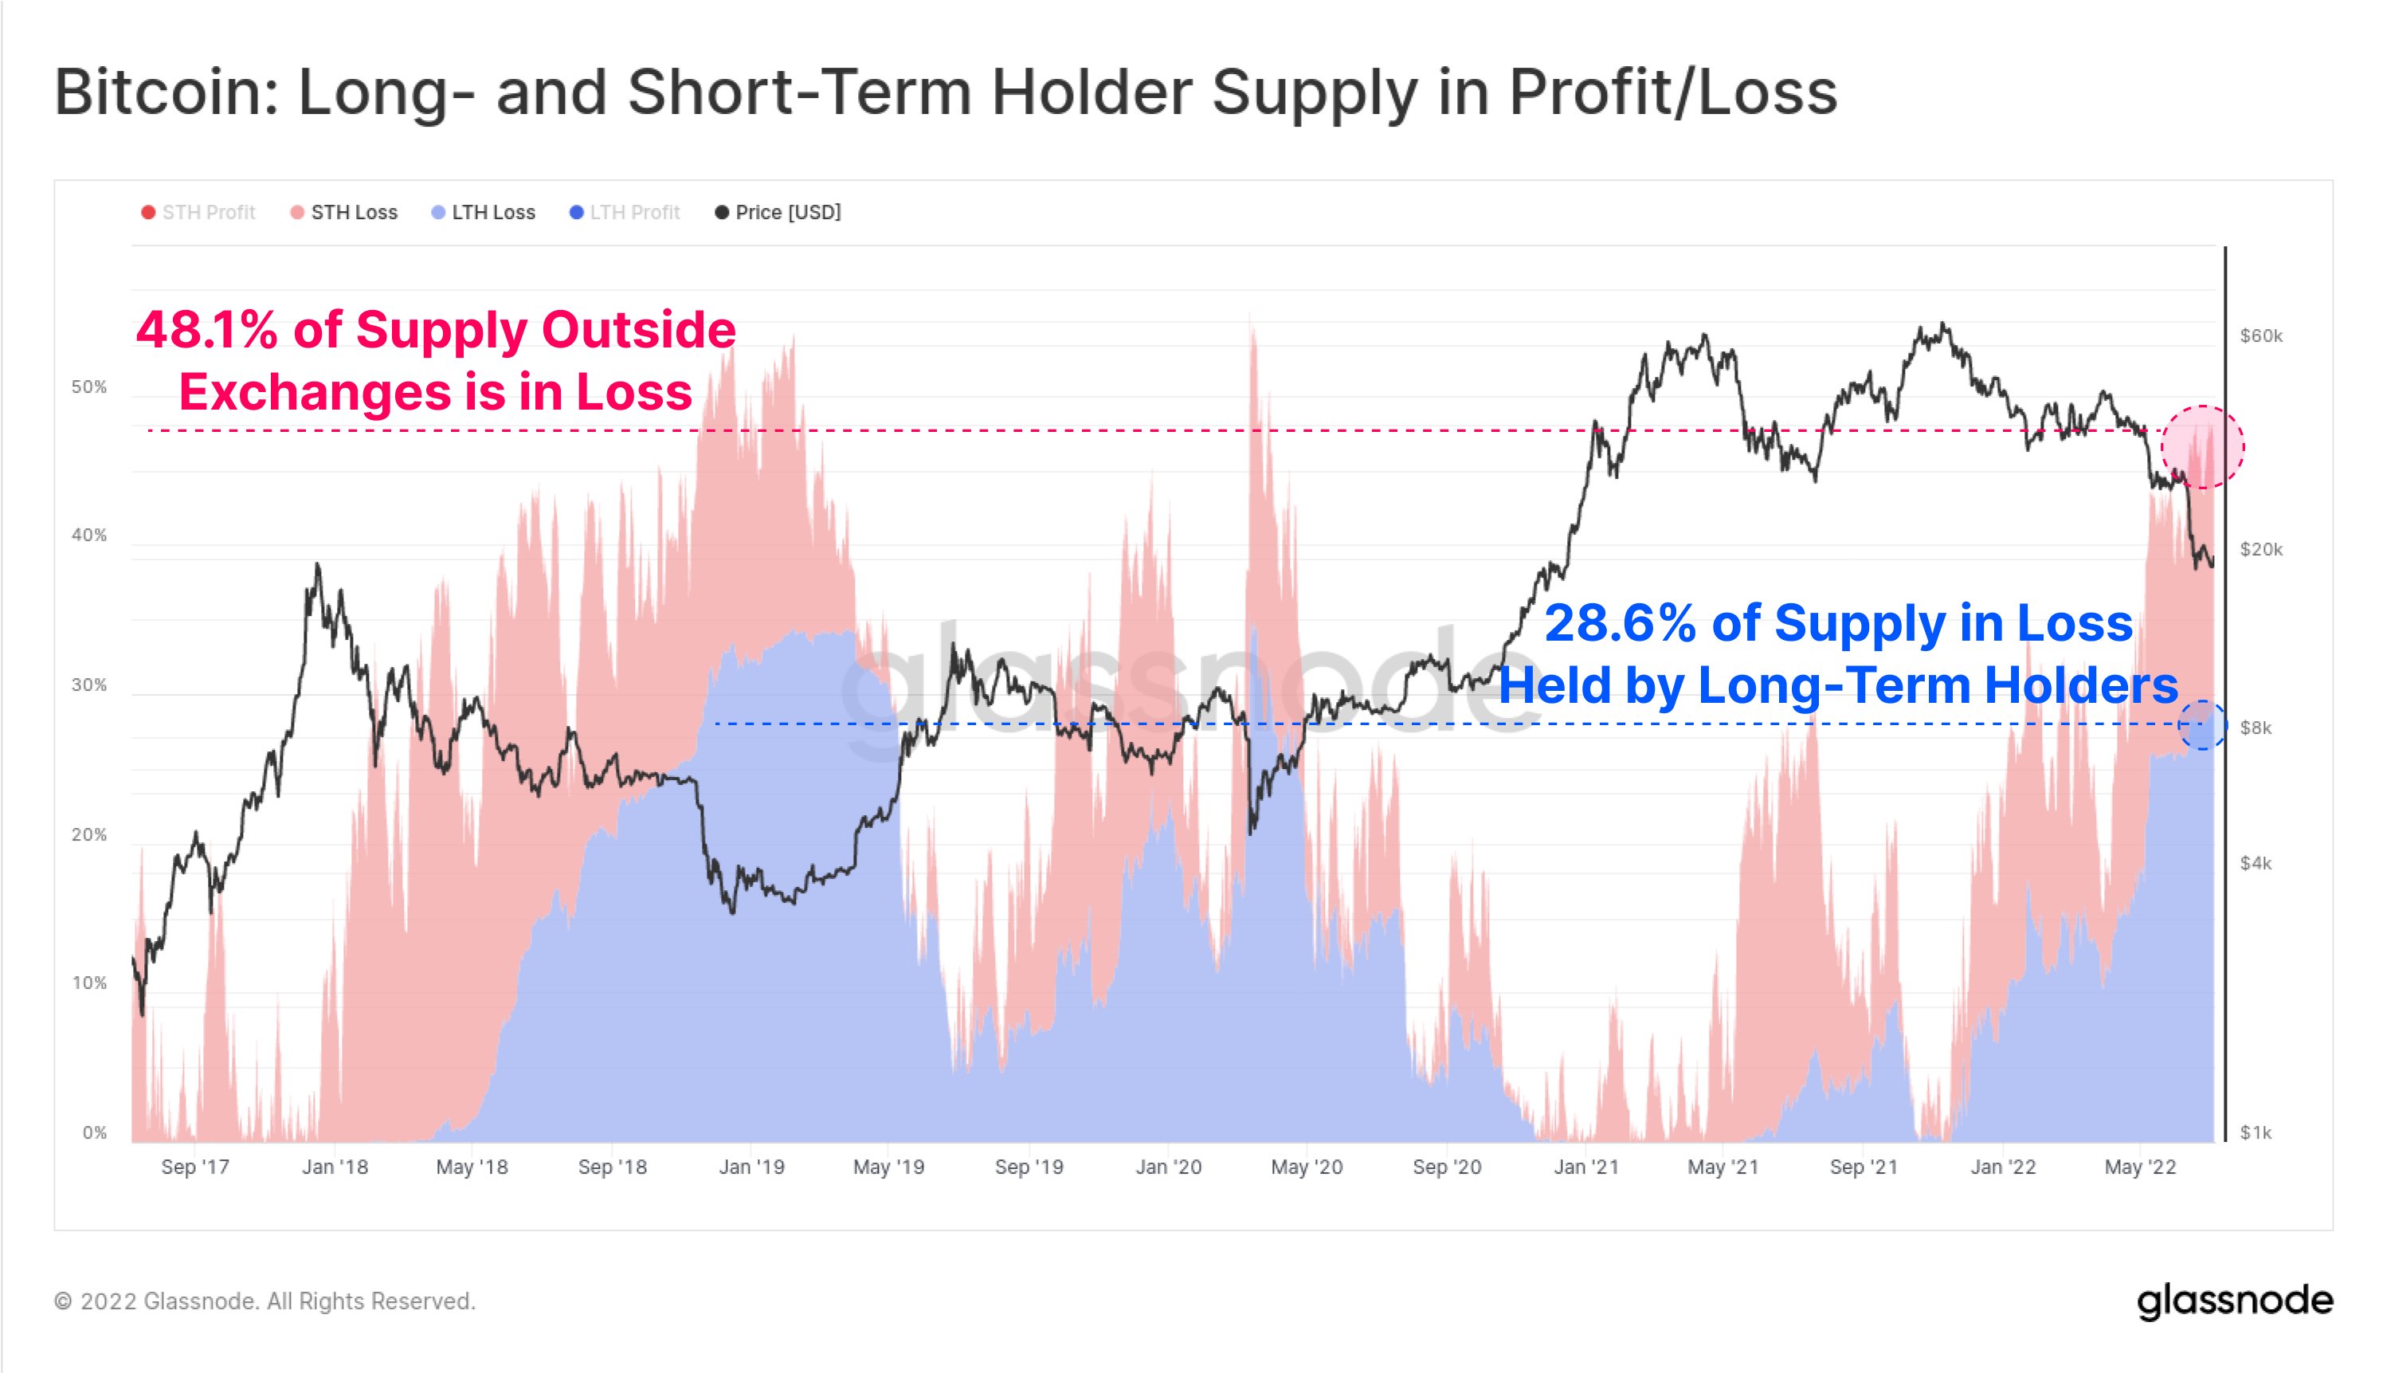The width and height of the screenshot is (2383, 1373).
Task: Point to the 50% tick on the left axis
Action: [x=89, y=387]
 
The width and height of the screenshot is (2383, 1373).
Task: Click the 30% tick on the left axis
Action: [x=89, y=685]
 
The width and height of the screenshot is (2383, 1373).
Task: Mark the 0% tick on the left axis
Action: [x=94, y=1132]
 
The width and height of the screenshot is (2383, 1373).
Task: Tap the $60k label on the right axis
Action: [x=2260, y=335]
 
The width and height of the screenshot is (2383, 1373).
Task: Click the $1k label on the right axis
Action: [x=2256, y=1132]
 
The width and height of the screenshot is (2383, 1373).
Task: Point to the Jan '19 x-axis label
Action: [x=751, y=1167]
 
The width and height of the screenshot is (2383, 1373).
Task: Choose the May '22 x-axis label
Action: [x=2140, y=1167]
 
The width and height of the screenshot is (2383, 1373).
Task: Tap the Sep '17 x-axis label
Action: [x=195, y=1167]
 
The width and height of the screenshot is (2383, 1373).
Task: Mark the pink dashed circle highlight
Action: [x=2202, y=446]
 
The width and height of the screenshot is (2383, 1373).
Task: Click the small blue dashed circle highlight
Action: [x=2203, y=725]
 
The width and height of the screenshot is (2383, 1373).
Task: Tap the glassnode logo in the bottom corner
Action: [x=2234, y=1301]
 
